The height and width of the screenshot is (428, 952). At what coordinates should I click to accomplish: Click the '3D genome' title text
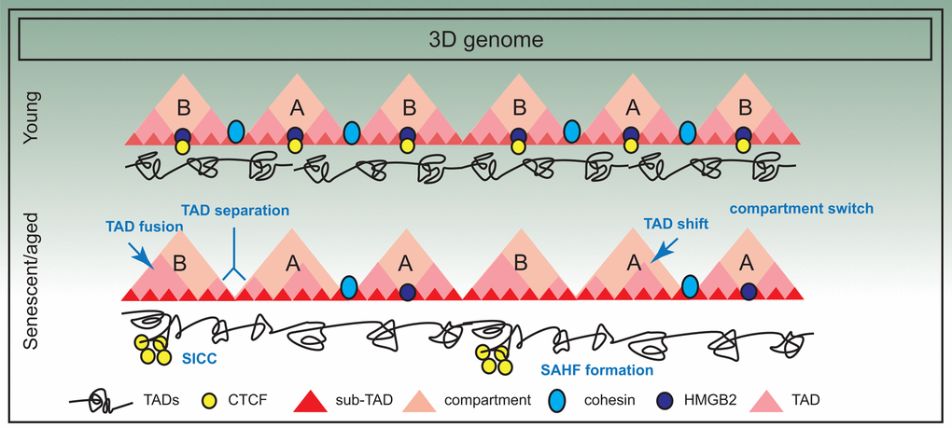coord(475,40)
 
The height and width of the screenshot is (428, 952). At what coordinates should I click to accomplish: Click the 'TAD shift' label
coord(677,225)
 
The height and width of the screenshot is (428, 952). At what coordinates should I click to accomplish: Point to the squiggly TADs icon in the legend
coord(99,402)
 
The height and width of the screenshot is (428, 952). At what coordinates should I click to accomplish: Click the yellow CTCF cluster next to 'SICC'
coord(151,349)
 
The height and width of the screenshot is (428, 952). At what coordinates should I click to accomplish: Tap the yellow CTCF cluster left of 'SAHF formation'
coord(493,359)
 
